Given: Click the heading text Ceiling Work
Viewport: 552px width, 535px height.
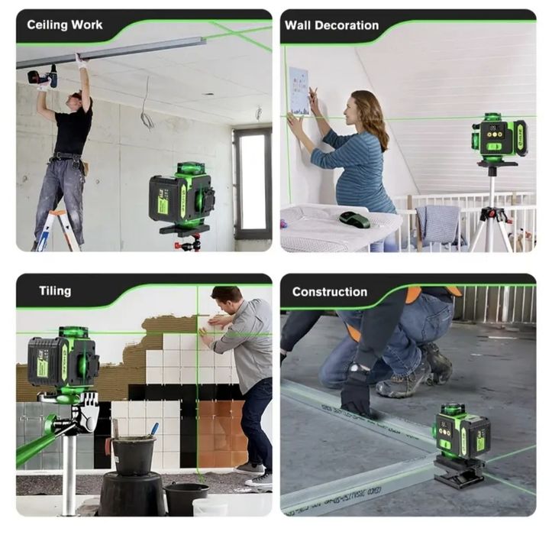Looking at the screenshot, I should (x=64, y=24).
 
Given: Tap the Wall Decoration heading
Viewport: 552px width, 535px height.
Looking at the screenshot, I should (x=331, y=25).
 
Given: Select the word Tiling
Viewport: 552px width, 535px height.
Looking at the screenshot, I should (x=55, y=290).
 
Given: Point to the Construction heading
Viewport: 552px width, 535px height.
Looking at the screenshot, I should (x=329, y=291).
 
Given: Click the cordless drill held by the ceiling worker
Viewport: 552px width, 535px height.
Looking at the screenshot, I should (x=43, y=76).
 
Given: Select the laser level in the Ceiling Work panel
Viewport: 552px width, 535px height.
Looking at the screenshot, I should (x=181, y=197).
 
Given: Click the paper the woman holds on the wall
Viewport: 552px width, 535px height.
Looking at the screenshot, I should (x=299, y=91).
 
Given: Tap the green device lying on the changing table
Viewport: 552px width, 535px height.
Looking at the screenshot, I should (x=354, y=219).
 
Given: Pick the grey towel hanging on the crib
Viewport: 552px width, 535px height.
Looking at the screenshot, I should (x=441, y=223).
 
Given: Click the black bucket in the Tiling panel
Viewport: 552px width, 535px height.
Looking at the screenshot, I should (x=134, y=456).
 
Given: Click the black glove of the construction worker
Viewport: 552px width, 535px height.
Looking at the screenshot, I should (x=355, y=393).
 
